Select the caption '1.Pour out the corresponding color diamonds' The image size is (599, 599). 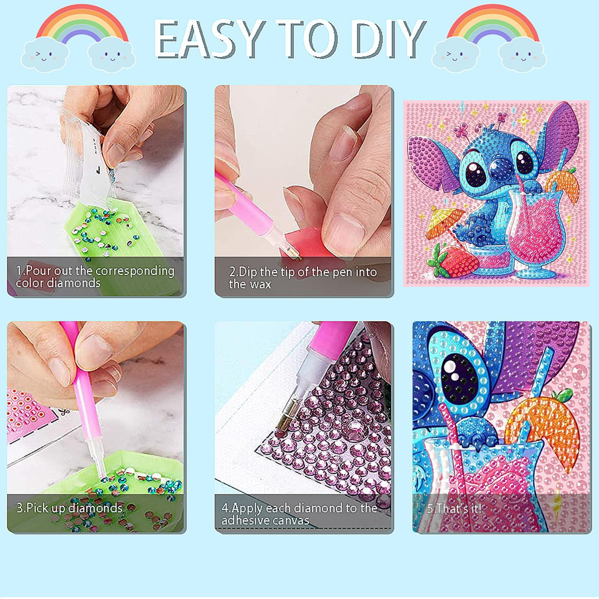click(95, 277)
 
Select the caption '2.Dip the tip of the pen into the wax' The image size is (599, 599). click(302, 278)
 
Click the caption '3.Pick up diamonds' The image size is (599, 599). click(69, 508)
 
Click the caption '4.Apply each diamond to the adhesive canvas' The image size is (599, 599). click(299, 514)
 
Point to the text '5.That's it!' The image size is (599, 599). click(453, 509)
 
